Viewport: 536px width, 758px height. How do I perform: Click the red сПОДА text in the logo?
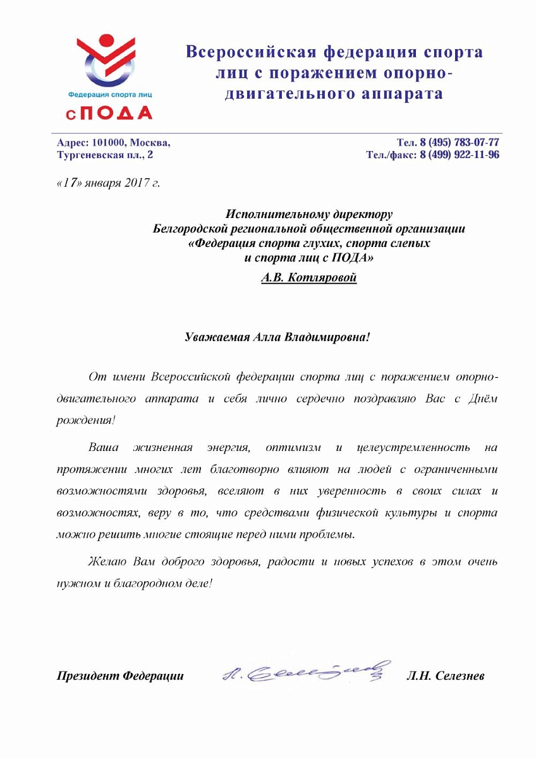[108, 112]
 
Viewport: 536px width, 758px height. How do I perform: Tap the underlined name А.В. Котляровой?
[309, 277]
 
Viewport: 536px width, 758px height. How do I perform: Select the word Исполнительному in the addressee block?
[276, 214]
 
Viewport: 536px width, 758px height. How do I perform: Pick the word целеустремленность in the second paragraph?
[413, 448]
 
